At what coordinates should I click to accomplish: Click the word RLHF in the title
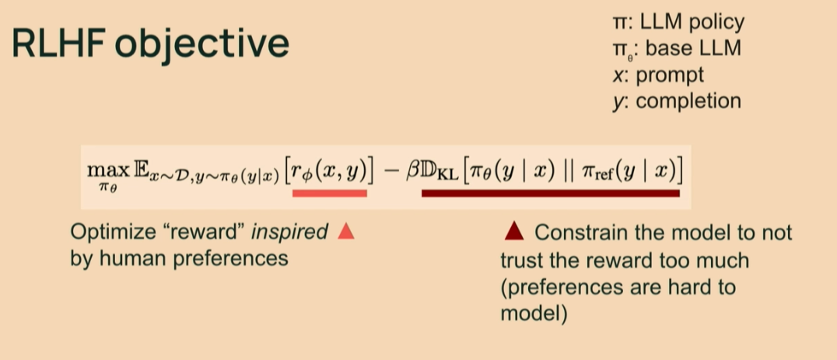coord(58,44)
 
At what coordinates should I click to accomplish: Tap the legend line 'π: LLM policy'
coord(678,23)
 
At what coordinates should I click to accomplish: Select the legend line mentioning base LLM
coord(676,49)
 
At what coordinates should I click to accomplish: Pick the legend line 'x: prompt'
coord(658,75)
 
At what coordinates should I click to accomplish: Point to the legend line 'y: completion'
coord(677,101)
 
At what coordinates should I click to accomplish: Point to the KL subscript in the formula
coord(445,176)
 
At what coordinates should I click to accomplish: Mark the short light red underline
coord(329,194)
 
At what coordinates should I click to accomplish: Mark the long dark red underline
coord(550,194)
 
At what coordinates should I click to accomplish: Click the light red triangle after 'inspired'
coord(346,232)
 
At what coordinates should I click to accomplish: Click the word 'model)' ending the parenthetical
coord(534,313)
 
